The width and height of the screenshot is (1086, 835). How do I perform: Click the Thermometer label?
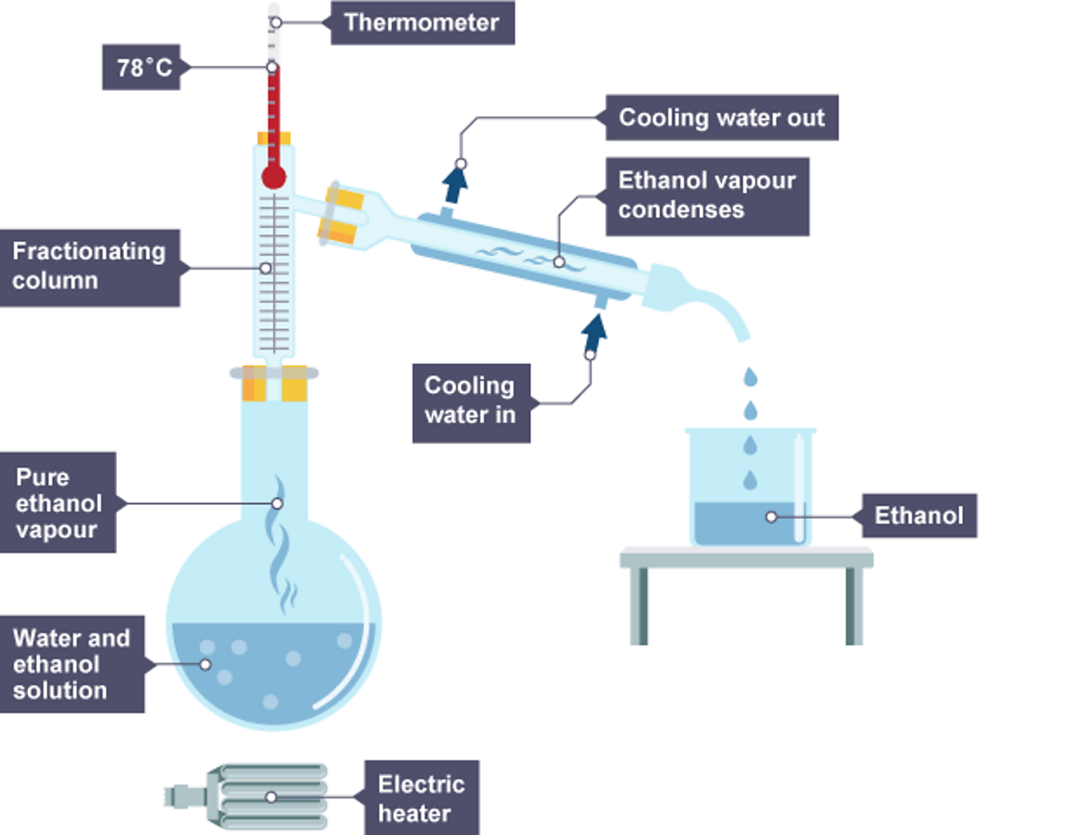[422, 23]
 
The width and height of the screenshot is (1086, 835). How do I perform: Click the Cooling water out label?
[721, 118]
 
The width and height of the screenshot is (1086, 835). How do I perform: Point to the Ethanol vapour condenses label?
[707, 196]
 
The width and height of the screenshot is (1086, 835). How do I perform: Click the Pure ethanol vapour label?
[58, 502]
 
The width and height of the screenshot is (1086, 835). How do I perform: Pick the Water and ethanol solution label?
[71, 664]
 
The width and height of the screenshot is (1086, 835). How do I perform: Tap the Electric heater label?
[422, 798]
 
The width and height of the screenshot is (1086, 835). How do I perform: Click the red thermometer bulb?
[273, 177]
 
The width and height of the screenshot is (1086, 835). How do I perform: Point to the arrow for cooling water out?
[455, 183]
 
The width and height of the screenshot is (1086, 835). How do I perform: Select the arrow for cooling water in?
[595, 333]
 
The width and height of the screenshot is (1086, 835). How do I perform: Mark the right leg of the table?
[854, 605]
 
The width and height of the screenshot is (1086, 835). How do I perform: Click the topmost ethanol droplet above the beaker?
[750, 377]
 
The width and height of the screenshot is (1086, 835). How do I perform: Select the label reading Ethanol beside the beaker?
[919, 516]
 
